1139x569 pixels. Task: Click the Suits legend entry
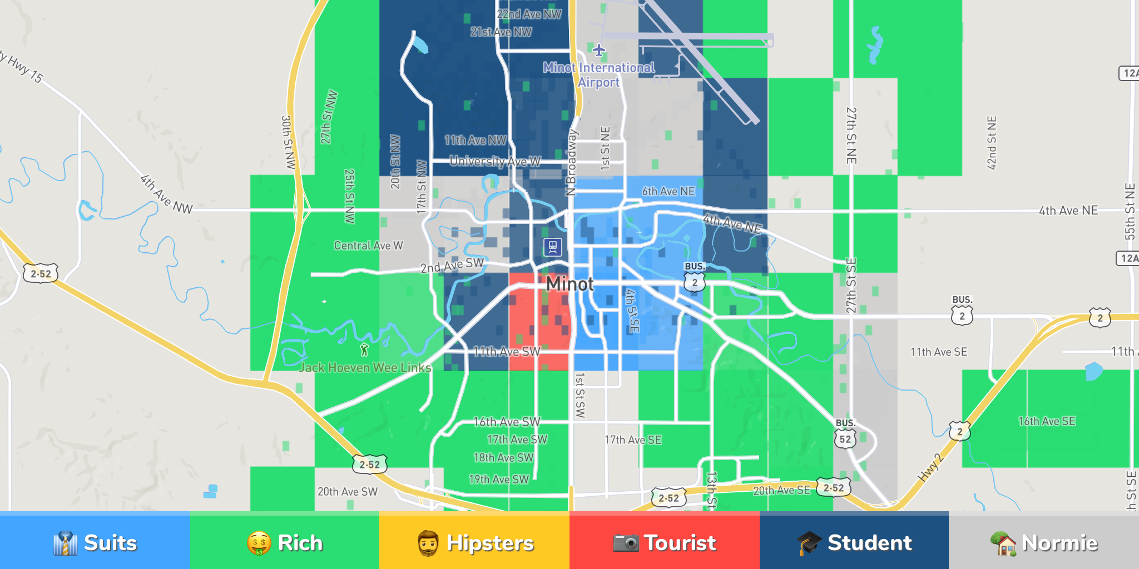[95, 542]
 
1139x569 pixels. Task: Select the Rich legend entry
[285, 542]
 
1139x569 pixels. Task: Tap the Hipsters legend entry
[474, 542]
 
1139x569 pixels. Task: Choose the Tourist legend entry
[664, 542]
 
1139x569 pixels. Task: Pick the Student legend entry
[854, 542]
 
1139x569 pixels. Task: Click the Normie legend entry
[1043, 542]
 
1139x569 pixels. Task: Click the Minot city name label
[569, 284]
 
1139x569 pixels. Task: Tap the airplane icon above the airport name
[598, 51]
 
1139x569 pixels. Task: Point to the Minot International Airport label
[599, 75]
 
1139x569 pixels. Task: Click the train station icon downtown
[552, 247]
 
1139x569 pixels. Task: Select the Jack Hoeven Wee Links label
[365, 367]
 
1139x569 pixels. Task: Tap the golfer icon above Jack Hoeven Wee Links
[364, 350]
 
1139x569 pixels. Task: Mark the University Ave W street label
[495, 161]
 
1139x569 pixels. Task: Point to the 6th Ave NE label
[668, 191]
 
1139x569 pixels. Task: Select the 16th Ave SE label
[1047, 421]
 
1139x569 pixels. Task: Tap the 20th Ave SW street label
[347, 491]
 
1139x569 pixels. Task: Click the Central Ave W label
[368, 246]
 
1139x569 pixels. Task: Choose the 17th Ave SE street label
[633, 440]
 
